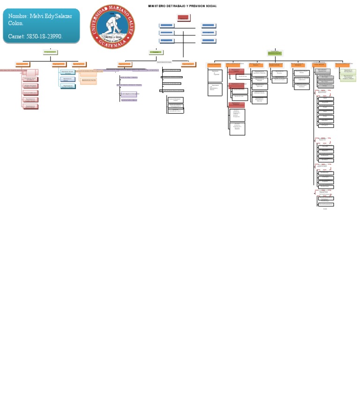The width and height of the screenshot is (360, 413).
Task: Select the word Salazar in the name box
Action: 63,16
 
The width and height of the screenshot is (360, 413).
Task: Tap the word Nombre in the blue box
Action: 18,16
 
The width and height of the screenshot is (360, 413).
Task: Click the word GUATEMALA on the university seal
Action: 113,43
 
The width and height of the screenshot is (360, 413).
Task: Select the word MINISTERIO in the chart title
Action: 157,6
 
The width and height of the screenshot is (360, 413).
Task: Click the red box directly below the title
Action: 183,17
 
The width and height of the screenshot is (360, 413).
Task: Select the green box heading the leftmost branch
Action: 50,52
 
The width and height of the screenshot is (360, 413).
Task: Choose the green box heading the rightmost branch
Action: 275,53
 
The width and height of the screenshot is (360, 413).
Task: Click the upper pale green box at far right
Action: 348,72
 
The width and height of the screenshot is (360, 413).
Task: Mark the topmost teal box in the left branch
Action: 67,73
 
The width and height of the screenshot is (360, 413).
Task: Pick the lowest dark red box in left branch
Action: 30,106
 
